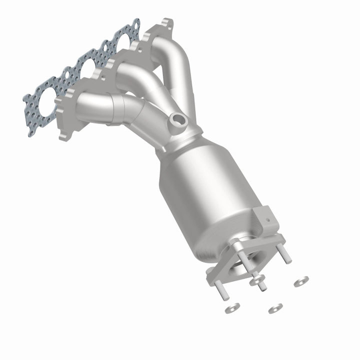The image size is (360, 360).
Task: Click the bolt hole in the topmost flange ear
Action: (x=165, y=23)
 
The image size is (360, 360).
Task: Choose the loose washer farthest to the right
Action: (x=301, y=281)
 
